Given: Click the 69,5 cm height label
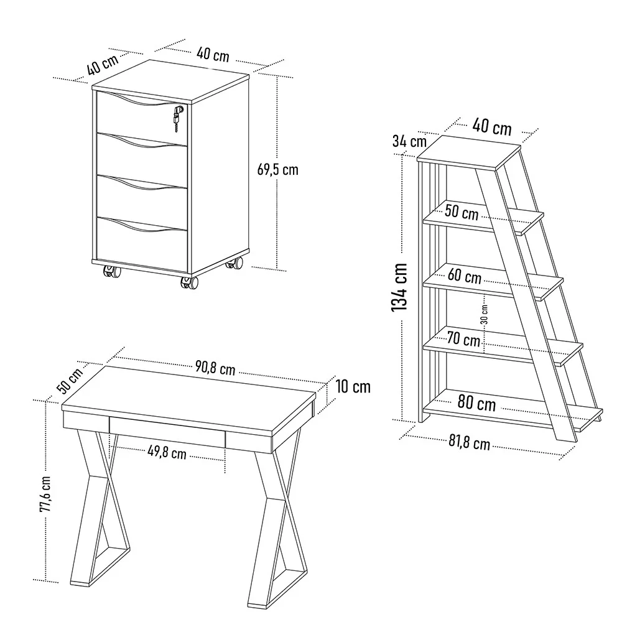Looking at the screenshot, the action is point(277,170).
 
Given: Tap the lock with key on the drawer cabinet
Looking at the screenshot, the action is point(178,117).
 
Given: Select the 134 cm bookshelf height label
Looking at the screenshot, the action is point(400,287).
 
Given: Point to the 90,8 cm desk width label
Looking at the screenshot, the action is point(215,368).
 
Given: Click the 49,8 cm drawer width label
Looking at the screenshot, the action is point(167,452).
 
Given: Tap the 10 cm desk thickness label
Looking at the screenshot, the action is point(353,387).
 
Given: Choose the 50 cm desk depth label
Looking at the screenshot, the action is point(70,381).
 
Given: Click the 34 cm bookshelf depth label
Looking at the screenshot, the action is point(409,141).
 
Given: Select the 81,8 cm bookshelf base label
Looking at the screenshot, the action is point(469,442).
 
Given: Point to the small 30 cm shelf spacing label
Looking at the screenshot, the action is point(485,315).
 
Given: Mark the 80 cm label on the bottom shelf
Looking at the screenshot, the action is point(476,402).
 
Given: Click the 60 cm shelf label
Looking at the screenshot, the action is point(465,276).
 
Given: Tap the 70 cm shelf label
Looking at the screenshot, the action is point(464,339).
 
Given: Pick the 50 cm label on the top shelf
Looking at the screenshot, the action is point(462,212).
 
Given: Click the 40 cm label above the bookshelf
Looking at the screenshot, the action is point(491,127).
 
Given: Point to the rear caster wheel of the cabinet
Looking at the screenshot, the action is point(234,263).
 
